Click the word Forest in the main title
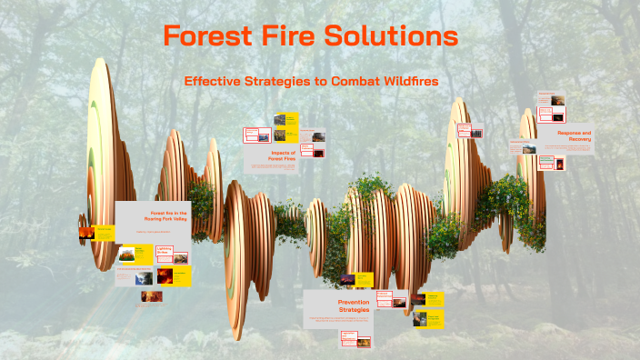pos(207,36)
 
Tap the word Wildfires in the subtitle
pos(406,81)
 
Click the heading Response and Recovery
pos(575,135)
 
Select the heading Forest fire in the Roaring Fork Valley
pos(165,215)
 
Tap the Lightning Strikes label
pos(165,249)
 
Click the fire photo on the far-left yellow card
pos(86,232)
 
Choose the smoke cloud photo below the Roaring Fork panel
pos(146,295)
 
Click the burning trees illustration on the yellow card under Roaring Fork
pos(124,256)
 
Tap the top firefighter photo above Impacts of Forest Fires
pos(279,118)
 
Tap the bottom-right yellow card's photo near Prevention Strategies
pos(421,319)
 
